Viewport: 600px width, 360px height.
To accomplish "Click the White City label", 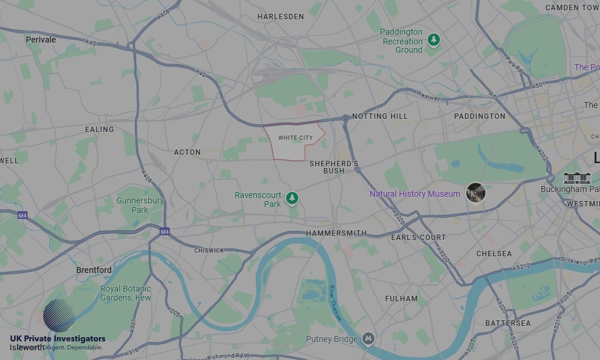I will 295,138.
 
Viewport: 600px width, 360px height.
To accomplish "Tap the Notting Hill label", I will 380,116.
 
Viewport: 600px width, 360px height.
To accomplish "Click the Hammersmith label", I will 336,233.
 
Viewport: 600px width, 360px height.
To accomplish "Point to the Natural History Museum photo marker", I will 475,193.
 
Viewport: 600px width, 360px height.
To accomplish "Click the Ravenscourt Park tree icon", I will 292,197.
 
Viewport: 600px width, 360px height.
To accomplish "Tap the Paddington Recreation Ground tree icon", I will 433,40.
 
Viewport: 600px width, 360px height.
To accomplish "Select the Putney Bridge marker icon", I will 368,339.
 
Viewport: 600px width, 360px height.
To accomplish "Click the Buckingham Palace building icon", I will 577,178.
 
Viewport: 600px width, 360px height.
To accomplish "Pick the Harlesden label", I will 281,17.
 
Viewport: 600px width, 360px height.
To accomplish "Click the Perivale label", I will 41,40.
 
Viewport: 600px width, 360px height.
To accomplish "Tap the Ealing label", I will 100,129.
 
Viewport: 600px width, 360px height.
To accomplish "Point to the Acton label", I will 187,152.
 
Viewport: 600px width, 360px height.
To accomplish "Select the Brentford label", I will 94,270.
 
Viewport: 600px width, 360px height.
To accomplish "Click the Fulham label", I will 401,298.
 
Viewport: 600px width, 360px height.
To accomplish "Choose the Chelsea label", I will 494,253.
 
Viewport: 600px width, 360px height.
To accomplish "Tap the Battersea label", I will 508,323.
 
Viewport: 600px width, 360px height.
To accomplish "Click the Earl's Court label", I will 418,237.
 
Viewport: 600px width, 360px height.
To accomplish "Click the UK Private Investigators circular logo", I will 59,316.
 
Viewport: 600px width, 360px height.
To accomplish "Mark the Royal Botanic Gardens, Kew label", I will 126,293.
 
